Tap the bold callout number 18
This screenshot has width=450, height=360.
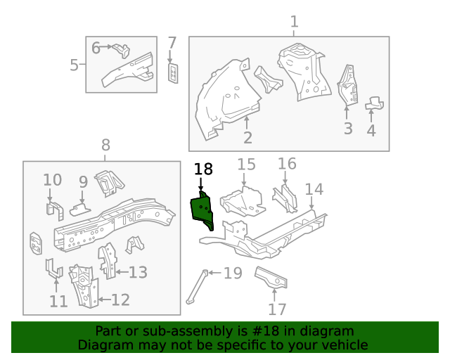(202, 169)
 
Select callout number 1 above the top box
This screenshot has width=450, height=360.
(294, 22)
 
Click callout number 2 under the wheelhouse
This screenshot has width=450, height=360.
(247, 137)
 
